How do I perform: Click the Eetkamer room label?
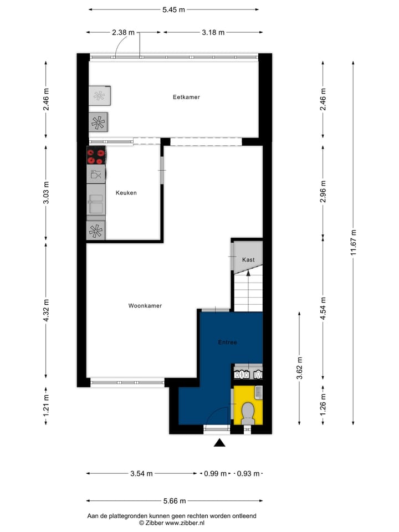click(186, 97)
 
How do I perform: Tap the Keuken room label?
click(126, 193)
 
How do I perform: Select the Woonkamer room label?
click(145, 305)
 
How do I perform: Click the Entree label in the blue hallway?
click(227, 342)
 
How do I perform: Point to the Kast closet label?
click(248, 260)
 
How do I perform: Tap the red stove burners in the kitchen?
click(96, 156)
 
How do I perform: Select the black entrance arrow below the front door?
click(220, 442)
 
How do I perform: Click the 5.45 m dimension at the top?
click(173, 9)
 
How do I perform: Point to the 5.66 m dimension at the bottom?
click(174, 501)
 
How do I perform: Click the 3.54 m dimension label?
click(141, 474)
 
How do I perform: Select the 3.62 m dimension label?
click(299, 367)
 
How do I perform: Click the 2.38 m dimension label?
click(123, 32)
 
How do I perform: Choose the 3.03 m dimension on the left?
click(46, 193)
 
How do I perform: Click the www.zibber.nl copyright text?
click(171, 523)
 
